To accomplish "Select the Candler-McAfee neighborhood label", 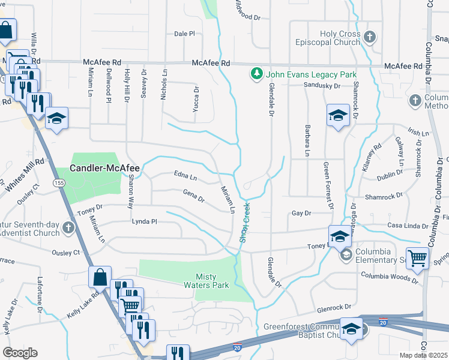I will coord(104,169).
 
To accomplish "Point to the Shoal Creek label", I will coord(245,222).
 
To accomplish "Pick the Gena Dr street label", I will coord(193,196).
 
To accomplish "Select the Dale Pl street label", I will coord(184,34).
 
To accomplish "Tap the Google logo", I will coord(20,353).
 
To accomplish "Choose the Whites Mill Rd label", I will coord(23,171).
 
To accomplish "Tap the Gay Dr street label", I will coord(301,213).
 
